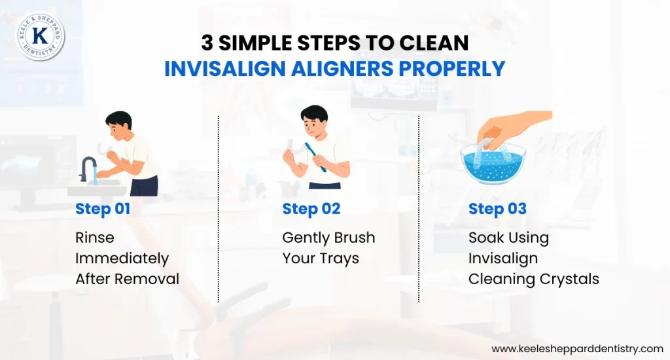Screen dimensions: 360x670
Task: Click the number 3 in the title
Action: (x=207, y=43)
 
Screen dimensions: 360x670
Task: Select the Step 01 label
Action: (x=103, y=209)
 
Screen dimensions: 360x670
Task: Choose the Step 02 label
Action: (x=311, y=209)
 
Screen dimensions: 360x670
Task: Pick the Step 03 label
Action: (x=497, y=209)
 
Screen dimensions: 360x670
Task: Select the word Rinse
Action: (x=95, y=238)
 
